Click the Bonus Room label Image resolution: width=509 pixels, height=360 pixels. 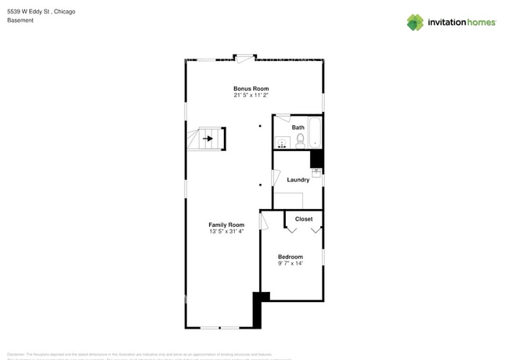click(x=251, y=89)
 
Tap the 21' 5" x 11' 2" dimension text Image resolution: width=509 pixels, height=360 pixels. click(x=251, y=95)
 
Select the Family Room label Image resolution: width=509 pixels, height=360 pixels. click(x=226, y=225)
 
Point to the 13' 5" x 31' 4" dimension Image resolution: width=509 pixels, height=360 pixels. click(x=226, y=232)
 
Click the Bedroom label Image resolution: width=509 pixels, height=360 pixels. click(x=290, y=257)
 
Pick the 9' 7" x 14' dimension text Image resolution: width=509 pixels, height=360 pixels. click(x=290, y=263)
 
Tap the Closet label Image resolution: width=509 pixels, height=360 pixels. click(x=304, y=219)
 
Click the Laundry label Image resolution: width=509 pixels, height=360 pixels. click(x=298, y=180)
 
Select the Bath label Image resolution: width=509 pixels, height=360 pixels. click(x=298, y=128)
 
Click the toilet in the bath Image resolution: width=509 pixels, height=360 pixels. click(x=300, y=141)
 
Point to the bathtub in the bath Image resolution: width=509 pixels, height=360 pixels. click(x=316, y=132)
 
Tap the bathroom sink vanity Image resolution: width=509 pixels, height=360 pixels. click(x=282, y=142)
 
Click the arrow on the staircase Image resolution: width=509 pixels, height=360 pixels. click(x=208, y=139)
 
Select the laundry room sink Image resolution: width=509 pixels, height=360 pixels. click(x=316, y=173)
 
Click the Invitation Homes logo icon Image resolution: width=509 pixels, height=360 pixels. click(x=414, y=22)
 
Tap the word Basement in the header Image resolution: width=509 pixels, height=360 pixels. click(x=20, y=20)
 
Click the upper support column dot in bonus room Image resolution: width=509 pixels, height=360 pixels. click(x=261, y=125)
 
